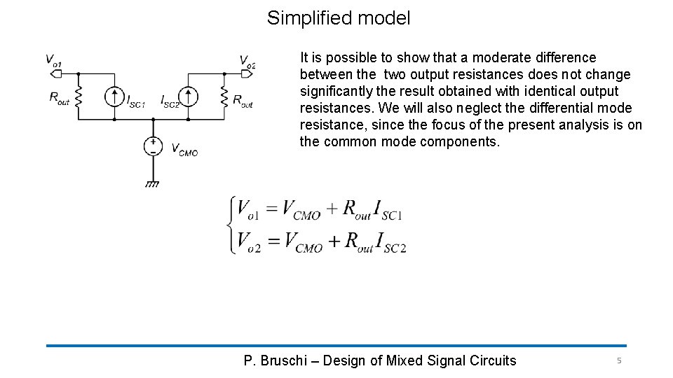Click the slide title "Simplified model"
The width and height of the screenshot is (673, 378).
click(339, 18)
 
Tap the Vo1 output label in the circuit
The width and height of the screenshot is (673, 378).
click(53, 60)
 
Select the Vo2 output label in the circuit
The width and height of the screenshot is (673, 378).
click(247, 61)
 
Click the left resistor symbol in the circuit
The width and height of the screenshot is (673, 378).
click(78, 96)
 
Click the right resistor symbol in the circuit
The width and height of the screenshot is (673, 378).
click(224, 96)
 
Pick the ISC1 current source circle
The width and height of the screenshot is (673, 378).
click(114, 96)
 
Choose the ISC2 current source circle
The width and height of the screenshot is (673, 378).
click(188, 96)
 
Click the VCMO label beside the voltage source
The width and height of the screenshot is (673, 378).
click(184, 148)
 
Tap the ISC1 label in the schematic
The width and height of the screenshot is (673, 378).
click(135, 102)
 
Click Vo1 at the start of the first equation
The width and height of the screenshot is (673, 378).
click(248, 209)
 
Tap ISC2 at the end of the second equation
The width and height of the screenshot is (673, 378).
click(391, 242)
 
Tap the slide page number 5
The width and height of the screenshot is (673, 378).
click(618, 360)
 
